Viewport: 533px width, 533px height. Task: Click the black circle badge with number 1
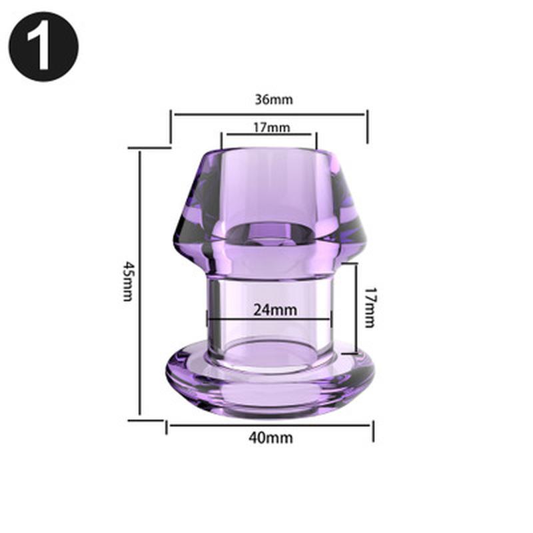43,46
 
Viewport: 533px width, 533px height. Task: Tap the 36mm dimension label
273,100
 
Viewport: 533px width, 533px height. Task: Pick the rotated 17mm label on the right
370,306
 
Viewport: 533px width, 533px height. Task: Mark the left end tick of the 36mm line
171,127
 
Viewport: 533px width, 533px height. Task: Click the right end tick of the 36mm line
367,127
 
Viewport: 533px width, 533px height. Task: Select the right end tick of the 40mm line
373,430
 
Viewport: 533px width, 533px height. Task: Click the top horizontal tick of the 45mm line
148,147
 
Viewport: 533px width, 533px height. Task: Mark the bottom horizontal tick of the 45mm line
145,420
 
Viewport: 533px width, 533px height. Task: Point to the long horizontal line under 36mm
269,114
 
